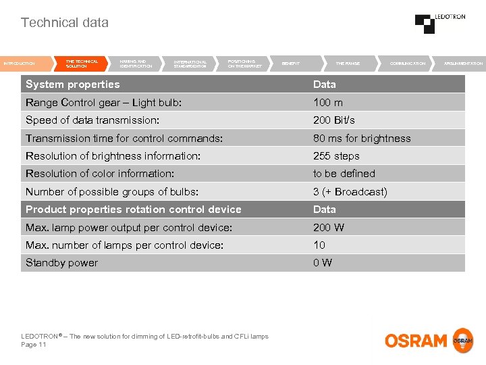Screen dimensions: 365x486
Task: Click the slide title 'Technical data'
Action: [x=64, y=22]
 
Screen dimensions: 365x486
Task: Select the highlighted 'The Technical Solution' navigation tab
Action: [x=81, y=64]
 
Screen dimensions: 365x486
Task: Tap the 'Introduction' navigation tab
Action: [x=19, y=64]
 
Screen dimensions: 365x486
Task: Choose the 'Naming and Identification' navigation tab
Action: [x=136, y=64]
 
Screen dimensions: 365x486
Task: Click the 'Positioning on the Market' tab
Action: [x=244, y=64]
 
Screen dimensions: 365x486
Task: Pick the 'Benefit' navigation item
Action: [x=291, y=64]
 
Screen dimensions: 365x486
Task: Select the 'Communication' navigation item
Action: [x=408, y=64]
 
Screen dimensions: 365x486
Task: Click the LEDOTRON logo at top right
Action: [x=439, y=23]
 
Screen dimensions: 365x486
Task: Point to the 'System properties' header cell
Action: [x=72, y=84]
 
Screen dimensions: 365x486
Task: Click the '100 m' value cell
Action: [x=327, y=103]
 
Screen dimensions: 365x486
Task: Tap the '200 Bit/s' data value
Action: [x=333, y=120]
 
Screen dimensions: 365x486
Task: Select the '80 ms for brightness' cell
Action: [x=361, y=139]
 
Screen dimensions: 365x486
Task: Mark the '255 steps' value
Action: [x=336, y=156]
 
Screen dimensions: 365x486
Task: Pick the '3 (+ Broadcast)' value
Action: [x=350, y=192]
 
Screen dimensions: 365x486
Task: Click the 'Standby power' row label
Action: [x=61, y=263]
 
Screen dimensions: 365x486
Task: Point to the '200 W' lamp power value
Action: [x=328, y=228]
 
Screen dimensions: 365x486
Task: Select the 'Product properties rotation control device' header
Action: [x=133, y=210]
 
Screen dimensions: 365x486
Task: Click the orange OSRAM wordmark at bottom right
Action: [x=416, y=341]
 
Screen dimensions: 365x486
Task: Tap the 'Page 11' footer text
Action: [x=34, y=345]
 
